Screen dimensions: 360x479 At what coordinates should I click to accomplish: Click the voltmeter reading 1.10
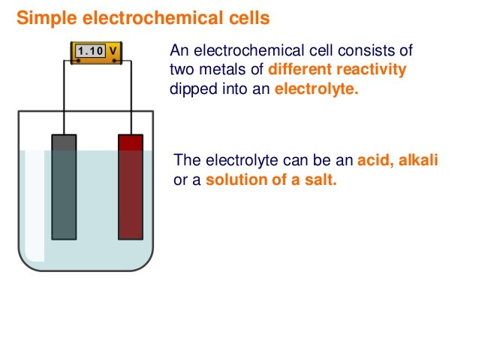(x=90, y=51)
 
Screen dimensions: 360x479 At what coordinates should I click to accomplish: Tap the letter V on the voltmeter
(x=112, y=51)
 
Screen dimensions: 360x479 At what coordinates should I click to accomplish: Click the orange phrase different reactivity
(x=337, y=70)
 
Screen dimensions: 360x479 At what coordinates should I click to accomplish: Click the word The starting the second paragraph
(x=187, y=160)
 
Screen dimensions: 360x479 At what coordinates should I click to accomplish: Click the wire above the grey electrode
(x=64, y=98)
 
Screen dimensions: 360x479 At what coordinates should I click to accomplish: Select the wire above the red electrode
(x=131, y=98)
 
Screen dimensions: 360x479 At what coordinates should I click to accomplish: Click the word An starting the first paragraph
(x=179, y=51)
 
